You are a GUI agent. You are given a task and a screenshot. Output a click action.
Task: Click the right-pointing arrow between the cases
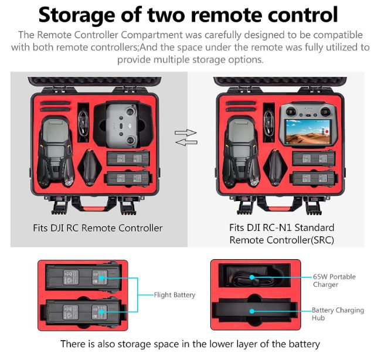click(x=186, y=133)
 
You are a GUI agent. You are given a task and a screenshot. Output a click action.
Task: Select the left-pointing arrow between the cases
click(x=186, y=142)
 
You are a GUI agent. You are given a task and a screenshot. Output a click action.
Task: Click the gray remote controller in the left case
click(x=122, y=125)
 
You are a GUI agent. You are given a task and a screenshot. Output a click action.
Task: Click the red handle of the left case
click(x=93, y=209)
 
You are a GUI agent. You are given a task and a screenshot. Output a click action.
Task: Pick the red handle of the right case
click(x=279, y=209)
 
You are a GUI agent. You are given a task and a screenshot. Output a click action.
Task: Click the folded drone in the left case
click(x=56, y=151)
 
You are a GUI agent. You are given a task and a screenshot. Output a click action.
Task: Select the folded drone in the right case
click(x=241, y=151)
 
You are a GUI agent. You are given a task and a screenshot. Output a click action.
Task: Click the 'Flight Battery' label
click(x=175, y=295)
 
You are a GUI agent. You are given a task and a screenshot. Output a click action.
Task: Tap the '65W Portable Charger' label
click(x=334, y=280)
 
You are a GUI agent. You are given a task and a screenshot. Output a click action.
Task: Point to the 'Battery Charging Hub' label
click(x=338, y=314)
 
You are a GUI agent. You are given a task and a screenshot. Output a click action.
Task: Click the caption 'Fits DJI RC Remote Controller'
click(x=98, y=228)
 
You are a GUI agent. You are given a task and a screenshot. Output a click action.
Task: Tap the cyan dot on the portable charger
click(x=252, y=277)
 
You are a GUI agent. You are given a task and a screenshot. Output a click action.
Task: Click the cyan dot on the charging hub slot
click(x=252, y=311)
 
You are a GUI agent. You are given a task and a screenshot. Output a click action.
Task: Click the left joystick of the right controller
click(x=291, y=111)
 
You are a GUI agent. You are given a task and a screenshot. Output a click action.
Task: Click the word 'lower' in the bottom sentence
click(x=222, y=344)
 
